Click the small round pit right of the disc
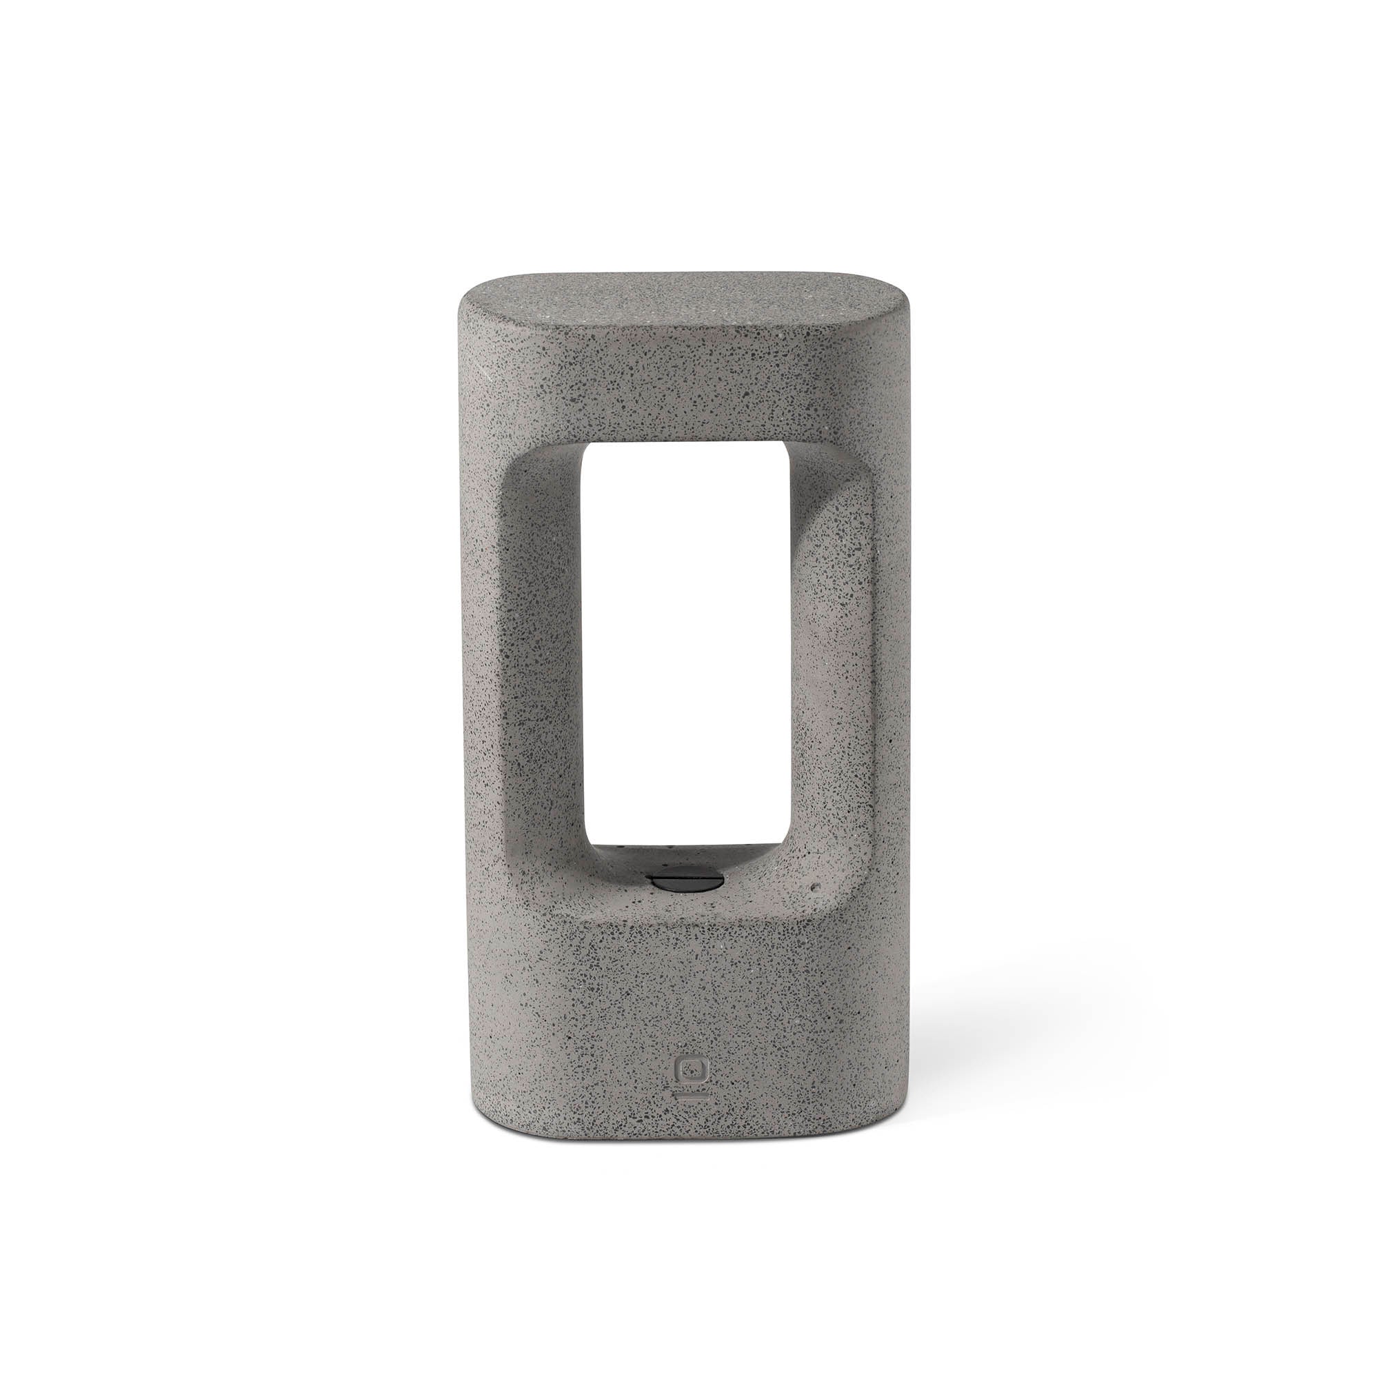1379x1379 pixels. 816,888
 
